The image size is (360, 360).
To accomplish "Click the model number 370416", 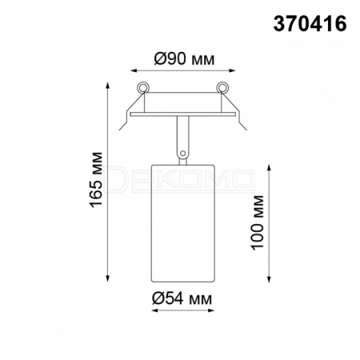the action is coord(310,23).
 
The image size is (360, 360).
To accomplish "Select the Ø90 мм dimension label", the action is coord(184,58).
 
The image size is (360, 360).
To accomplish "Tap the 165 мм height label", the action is coord(96,179).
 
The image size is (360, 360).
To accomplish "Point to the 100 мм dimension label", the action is coord(258,222).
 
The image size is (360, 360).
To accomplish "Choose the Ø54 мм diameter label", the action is coord(182,298).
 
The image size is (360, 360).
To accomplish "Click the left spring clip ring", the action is coord(143,87).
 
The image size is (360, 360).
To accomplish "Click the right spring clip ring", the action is coord(222,87).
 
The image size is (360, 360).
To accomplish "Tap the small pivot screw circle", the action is coord(182,154).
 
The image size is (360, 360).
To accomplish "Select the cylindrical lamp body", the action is coord(183,223).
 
